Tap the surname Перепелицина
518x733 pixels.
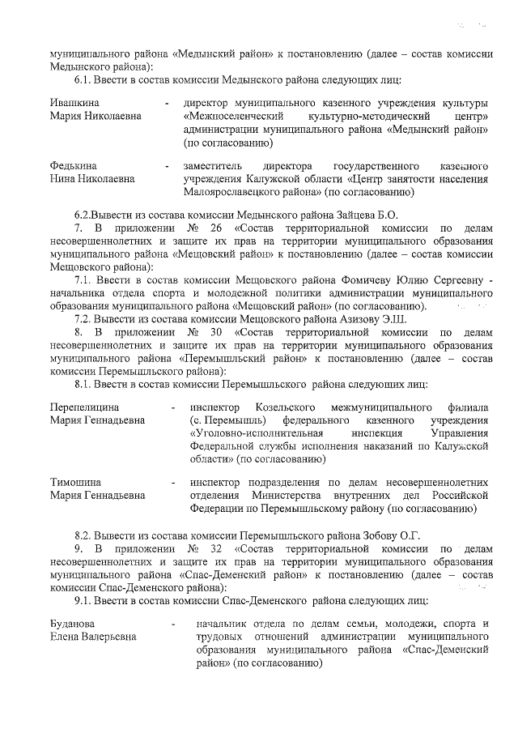(x=85, y=407)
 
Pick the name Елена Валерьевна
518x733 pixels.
(x=93, y=637)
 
